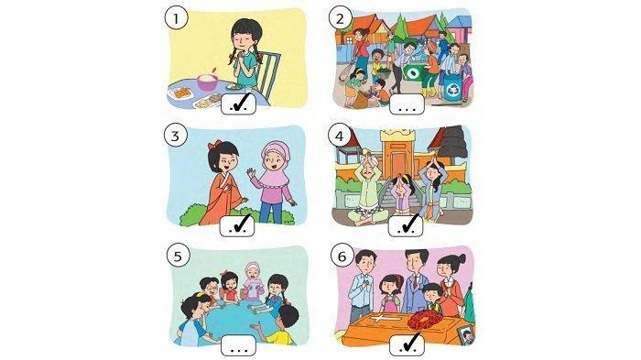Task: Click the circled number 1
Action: (x=176, y=19)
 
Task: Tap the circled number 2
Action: (x=340, y=18)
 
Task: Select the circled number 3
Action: (x=176, y=136)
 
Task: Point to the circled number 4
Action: (x=340, y=136)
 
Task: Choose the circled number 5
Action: (x=178, y=256)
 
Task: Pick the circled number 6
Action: (x=342, y=256)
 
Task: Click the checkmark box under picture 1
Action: (x=239, y=104)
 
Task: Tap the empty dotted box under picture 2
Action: (x=407, y=104)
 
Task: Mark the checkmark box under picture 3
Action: (x=237, y=225)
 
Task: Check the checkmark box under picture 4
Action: (x=406, y=225)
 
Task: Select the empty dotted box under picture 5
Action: (x=239, y=345)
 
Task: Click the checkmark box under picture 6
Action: (x=407, y=344)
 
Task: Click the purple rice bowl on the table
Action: (x=209, y=82)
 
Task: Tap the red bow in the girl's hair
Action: (x=214, y=145)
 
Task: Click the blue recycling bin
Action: (x=453, y=87)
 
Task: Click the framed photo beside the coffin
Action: (x=466, y=335)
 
